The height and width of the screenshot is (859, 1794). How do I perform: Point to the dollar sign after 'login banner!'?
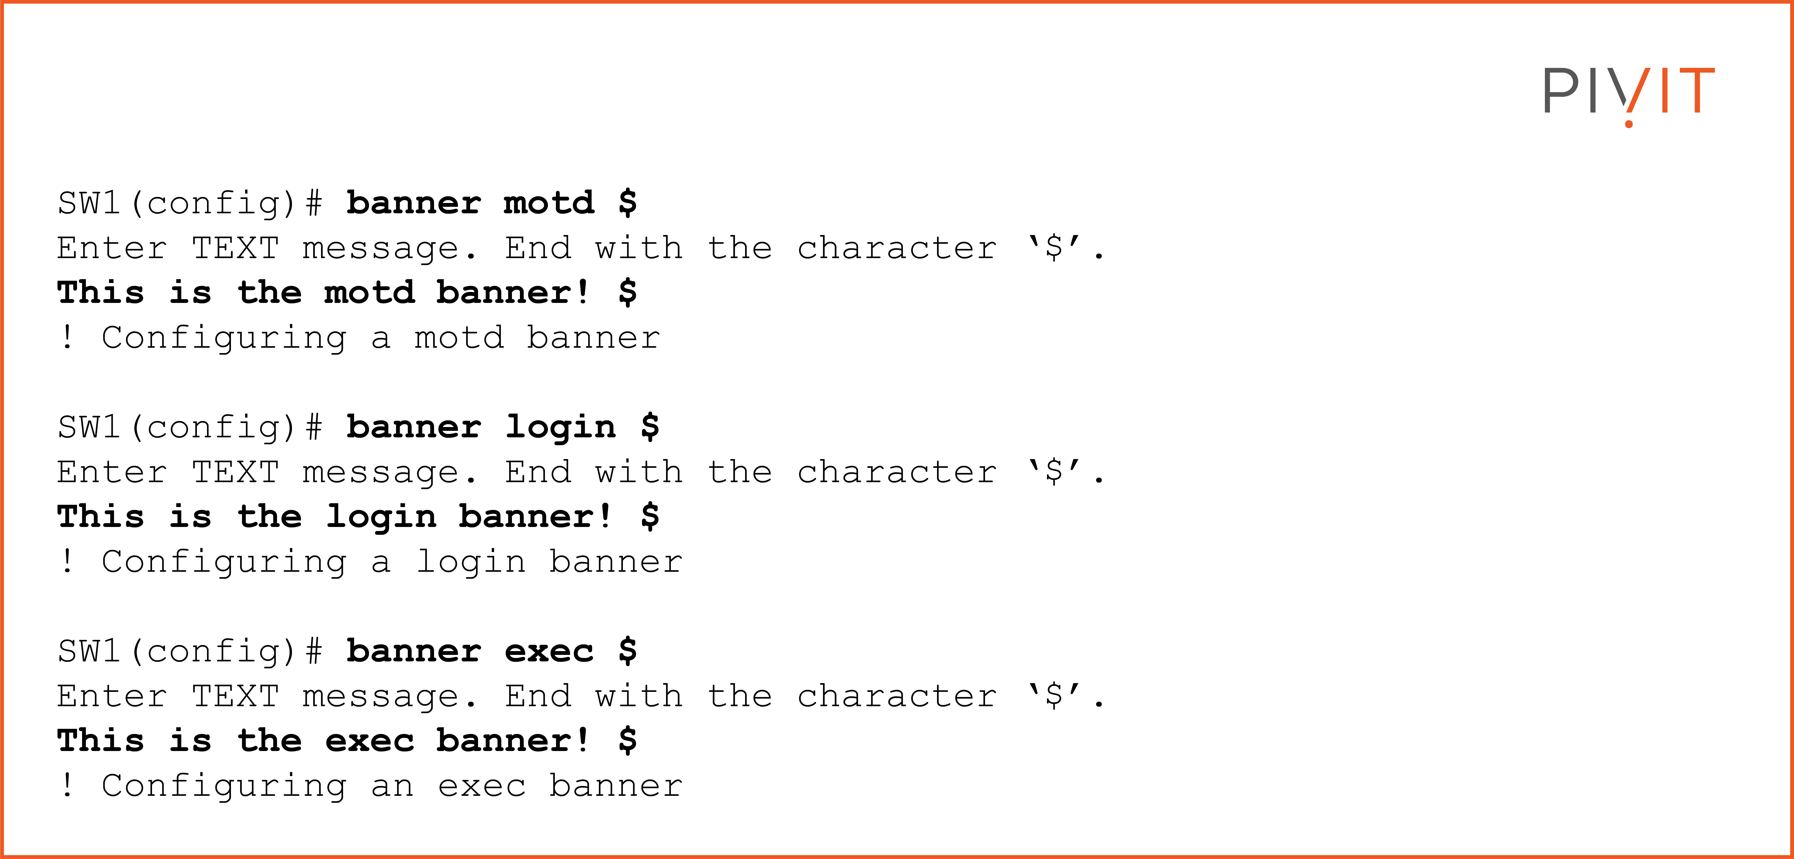click(650, 516)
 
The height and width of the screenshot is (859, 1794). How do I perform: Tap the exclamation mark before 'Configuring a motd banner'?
click(67, 338)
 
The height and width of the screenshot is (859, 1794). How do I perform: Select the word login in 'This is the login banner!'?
click(381, 516)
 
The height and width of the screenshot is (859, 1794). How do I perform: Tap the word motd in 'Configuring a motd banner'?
click(459, 338)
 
